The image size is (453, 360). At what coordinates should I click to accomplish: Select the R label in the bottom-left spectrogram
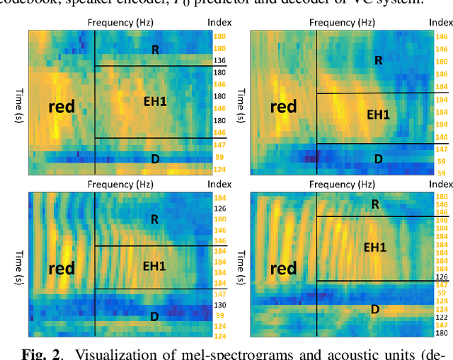tap(154, 219)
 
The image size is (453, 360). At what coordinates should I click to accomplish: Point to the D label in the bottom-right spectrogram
tap(376, 309)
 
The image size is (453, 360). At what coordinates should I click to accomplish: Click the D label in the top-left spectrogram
tap(155, 159)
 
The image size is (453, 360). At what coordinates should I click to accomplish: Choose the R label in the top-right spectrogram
tap(378, 61)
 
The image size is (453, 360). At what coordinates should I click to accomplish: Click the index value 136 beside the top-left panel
tap(219, 60)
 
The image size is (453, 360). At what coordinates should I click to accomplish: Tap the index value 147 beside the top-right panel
tap(442, 149)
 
